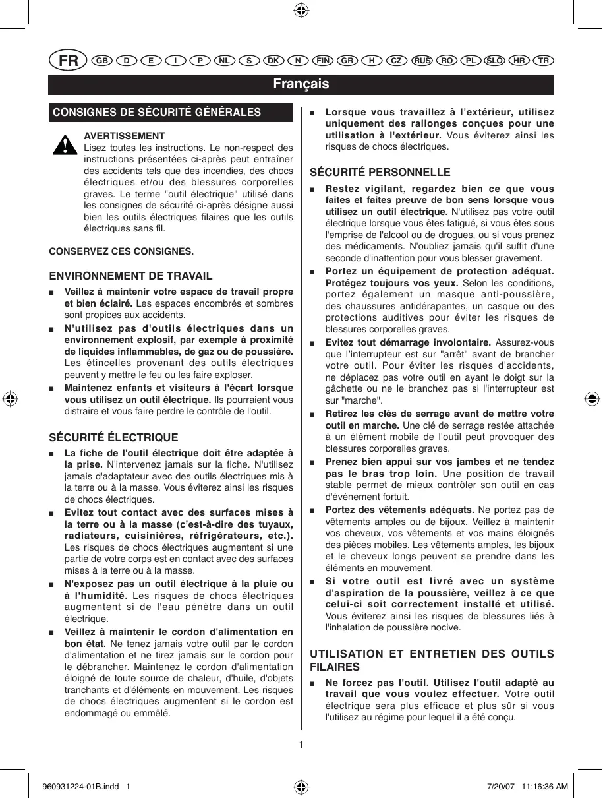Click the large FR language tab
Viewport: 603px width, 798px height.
(69, 61)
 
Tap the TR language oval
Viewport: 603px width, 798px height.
(544, 61)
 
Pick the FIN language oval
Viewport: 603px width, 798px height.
(323, 61)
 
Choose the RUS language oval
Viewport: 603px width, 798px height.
(422, 61)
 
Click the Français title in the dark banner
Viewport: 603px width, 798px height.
(301, 84)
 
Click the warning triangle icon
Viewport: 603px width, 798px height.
(65, 144)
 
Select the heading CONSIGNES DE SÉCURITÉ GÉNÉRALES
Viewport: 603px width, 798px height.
(157, 112)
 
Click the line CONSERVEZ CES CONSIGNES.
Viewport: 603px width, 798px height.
(122, 251)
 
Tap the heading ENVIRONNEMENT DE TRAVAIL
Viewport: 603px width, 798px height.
(131, 276)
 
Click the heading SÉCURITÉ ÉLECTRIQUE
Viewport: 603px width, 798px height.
(114, 437)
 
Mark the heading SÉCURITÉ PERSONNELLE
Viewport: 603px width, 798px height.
(380, 172)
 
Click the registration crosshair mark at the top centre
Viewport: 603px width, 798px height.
(301, 10)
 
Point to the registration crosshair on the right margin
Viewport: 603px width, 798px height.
(591, 399)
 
